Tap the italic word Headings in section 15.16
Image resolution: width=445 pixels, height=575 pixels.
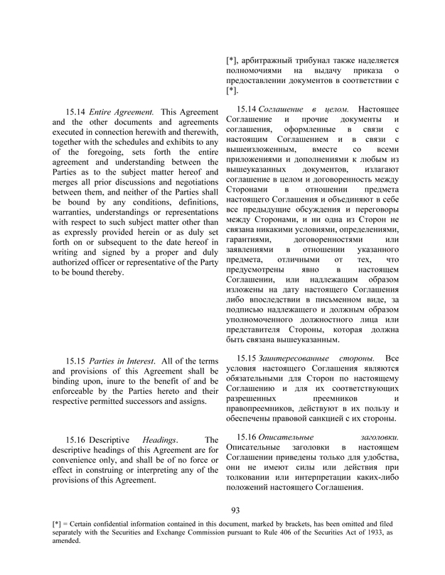(x=159, y=440)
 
